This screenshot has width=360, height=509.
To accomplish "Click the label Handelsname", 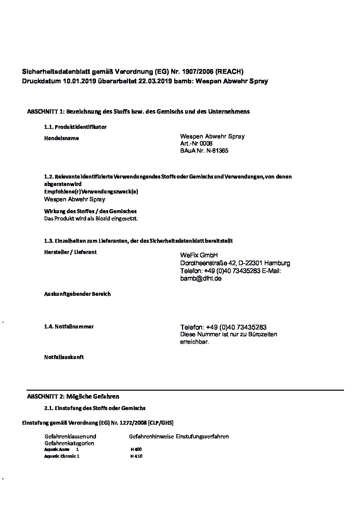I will [62, 138].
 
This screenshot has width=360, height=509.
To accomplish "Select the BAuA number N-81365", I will [217, 151].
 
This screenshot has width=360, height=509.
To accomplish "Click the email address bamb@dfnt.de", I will [201, 278].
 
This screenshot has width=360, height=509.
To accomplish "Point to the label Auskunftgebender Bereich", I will [77, 294].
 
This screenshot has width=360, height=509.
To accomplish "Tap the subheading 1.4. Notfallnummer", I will [69, 327].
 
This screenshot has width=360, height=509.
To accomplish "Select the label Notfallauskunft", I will [64, 357].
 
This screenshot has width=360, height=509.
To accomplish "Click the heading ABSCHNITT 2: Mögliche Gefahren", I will [73, 396].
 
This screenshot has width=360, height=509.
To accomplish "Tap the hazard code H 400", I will [136, 449].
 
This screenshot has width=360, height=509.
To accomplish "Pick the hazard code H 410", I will [136, 456].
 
